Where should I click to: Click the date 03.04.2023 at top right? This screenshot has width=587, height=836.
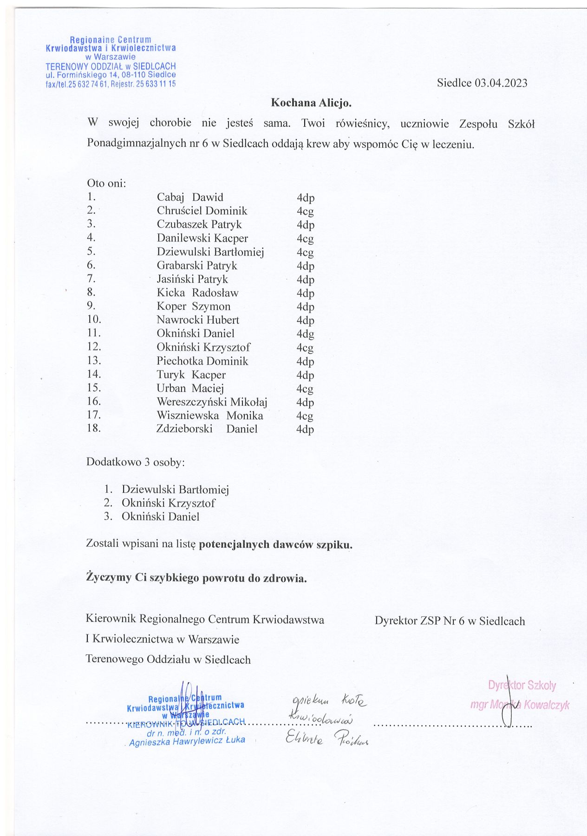501,83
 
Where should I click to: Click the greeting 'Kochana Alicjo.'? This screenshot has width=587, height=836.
311,103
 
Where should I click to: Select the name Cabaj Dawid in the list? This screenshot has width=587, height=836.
190,197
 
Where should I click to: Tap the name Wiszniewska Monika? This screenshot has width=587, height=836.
210,416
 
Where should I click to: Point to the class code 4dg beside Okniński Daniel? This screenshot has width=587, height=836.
306,334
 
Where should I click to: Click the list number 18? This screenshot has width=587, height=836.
94,428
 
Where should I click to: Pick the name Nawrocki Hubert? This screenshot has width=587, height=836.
198,320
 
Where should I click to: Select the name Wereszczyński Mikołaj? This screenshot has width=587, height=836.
212,402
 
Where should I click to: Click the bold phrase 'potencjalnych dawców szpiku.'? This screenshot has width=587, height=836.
275,545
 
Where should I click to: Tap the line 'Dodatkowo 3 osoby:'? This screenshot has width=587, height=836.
136,463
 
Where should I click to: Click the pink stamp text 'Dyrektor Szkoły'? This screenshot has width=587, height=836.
522,686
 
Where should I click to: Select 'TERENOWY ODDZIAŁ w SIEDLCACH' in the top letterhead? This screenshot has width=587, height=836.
111,66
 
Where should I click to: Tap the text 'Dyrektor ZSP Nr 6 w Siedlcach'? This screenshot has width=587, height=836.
450,621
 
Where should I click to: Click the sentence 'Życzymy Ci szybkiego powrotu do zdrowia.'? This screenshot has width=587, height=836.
196,578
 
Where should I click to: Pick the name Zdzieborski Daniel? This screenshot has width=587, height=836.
207,429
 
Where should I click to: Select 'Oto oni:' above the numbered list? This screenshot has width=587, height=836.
106,183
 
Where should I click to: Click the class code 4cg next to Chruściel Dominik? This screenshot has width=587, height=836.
305,211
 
